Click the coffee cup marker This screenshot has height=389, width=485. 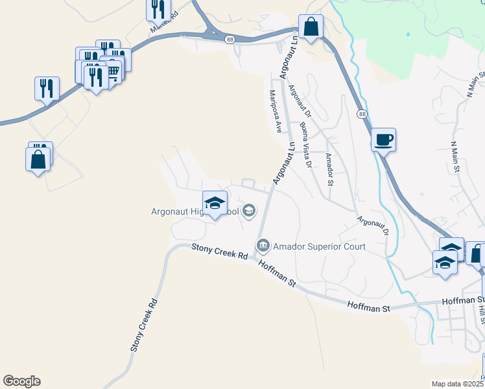[x=384, y=139]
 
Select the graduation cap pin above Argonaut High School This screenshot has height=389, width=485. [x=215, y=204]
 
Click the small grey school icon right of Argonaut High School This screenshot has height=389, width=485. [x=249, y=211]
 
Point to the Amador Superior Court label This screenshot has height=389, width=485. [x=319, y=246]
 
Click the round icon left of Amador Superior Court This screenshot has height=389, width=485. [x=263, y=246]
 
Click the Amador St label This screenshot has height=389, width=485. [x=329, y=169]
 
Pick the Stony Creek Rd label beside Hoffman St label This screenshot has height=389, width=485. [x=220, y=252]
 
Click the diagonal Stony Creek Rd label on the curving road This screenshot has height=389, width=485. [x=144, y=324]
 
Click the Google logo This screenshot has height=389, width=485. [x=21, y=381]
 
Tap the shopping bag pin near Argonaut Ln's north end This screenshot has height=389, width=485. [x=311, y=27]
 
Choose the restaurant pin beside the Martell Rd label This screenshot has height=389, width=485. [x=158, y=9]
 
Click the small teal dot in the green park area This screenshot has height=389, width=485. [x=408, y=34]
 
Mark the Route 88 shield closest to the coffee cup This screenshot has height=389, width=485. [x=361, y=113]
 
